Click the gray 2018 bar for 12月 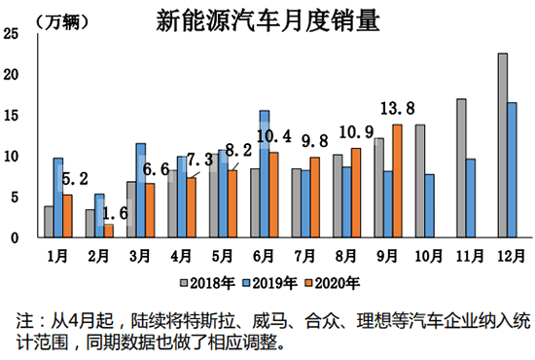[x=502, y=146]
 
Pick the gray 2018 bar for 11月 [x=460, y=168]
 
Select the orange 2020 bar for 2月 [x=108, y=231]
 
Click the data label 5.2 [x=74, y=178]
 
